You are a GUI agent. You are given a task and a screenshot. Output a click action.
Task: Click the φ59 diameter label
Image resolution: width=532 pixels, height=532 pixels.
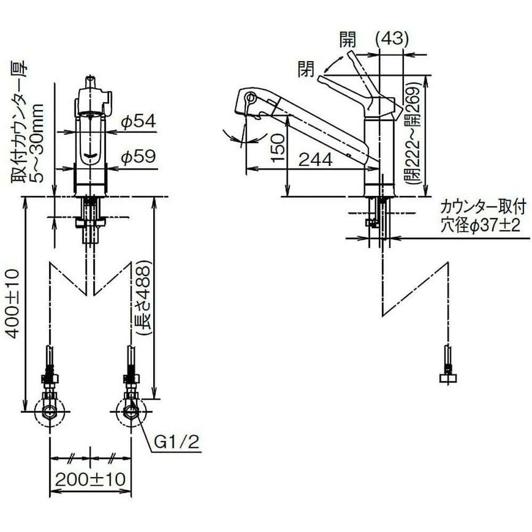[x=138, y=156]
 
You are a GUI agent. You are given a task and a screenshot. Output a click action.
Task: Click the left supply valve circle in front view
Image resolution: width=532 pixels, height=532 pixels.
[x=50, y=411]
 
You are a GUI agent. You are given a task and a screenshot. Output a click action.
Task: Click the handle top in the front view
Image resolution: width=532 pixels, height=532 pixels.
[x=91, y=82]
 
